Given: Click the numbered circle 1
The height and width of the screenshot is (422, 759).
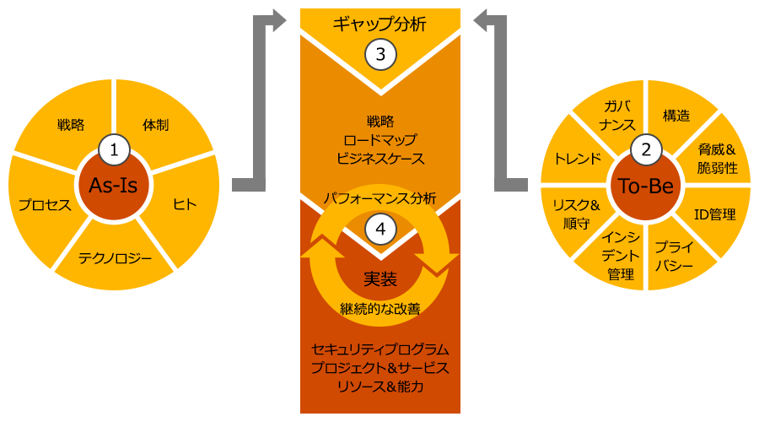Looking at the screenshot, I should point(114,150).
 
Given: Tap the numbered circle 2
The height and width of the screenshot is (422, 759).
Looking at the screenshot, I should point(646,151).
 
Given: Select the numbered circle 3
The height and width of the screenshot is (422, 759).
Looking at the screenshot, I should point(380,55).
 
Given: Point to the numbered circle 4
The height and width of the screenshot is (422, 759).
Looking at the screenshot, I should point(380,229).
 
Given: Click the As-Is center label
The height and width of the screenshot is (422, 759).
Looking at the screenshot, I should point(114,187).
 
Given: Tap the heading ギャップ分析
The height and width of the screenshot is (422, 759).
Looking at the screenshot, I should point(380,24).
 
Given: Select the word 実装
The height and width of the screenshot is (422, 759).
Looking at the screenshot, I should point(380,278).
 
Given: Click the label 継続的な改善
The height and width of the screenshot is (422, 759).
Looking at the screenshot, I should point(380,308).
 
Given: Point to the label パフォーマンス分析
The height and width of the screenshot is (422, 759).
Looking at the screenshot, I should point(380,199).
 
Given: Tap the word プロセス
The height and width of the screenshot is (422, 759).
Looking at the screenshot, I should point(45,205).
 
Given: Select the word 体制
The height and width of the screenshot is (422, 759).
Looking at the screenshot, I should point(156,125).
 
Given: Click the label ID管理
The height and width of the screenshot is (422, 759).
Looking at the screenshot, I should point(714,214).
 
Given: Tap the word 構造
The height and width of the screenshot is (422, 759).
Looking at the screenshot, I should point(676,116).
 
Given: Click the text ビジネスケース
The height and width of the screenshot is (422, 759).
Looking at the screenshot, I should point(380,158).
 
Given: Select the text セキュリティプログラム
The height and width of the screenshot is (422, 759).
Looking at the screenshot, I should point(380,349).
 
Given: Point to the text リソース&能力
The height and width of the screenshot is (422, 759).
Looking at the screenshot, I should point(380,387).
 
